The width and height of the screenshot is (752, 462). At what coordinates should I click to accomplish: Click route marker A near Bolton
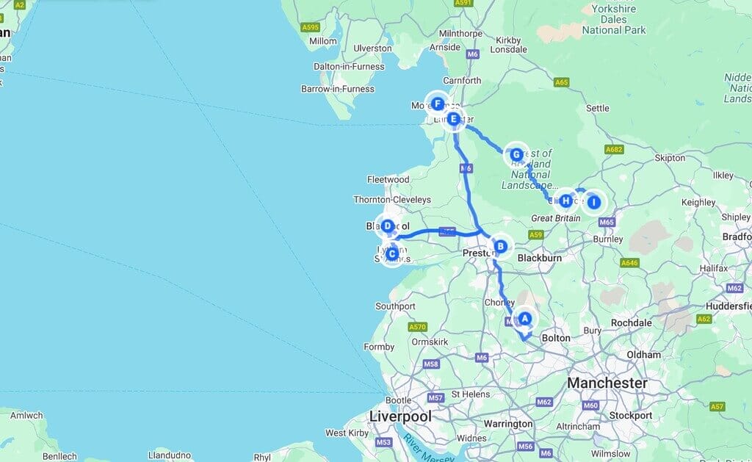pyautogui.click(x=524, y=319)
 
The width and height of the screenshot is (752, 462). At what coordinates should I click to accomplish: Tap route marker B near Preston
pyautogui.click(x=500, y=246)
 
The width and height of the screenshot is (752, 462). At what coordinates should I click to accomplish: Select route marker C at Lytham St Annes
pyautogui.click(x=392, y=254)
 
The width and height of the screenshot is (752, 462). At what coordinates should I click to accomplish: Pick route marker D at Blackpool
pyautogui.click(x=387, y=226)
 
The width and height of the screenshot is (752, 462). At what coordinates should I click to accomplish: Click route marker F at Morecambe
pyautogui.click(x=438, y=104)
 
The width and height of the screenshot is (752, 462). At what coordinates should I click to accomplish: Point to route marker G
pyautogui.click(x=516, y=155)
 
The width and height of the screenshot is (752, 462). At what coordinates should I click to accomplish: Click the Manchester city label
pyautogui.click(x=607, y=383)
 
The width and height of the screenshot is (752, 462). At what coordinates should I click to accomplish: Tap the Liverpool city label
pyautogui.click(x=399, y=416)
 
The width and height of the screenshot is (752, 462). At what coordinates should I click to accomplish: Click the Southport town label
pyautogui.click(x=395, y=306)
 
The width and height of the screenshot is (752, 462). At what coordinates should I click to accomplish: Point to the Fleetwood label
pyautogui.click(x=388, y=179)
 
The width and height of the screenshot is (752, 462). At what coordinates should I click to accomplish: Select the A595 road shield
pyautogui.click(x=310, y=27)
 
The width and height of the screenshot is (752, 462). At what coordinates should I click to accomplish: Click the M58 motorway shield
pyautogui.click(x=431, y=364)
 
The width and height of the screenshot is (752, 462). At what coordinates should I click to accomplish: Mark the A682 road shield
pyautogui.click(x=613, y=150)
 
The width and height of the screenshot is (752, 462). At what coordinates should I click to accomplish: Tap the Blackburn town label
pyautogui.click(x=539, y=259)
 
